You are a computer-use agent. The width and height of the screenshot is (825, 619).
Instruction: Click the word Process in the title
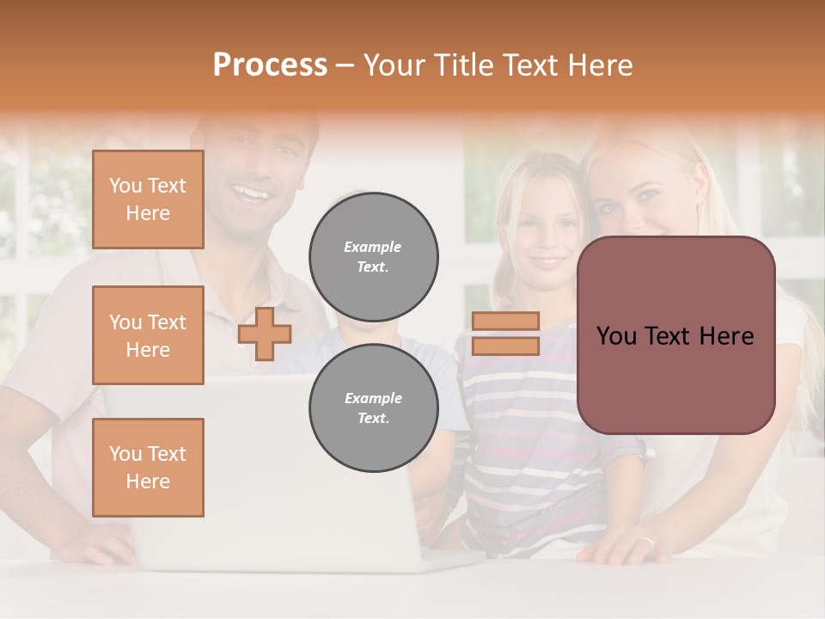270,65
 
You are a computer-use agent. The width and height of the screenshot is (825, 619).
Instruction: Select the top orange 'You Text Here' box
148,199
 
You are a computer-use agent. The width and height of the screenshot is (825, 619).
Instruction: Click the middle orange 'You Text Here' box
148,335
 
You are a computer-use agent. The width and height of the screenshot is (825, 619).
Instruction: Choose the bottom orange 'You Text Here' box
148,467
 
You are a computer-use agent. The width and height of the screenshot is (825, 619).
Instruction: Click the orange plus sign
264,334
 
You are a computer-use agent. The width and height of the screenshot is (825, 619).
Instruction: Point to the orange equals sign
505,334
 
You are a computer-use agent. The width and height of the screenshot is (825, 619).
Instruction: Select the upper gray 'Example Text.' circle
374,256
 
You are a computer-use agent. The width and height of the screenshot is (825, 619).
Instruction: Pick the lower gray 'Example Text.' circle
374,408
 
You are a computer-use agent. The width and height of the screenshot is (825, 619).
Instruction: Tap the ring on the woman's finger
646,542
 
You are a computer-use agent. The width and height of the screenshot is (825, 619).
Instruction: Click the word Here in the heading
601,65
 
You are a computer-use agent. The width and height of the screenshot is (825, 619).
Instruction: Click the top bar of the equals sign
505,322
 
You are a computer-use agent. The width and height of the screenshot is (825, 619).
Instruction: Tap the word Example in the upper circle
373,247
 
